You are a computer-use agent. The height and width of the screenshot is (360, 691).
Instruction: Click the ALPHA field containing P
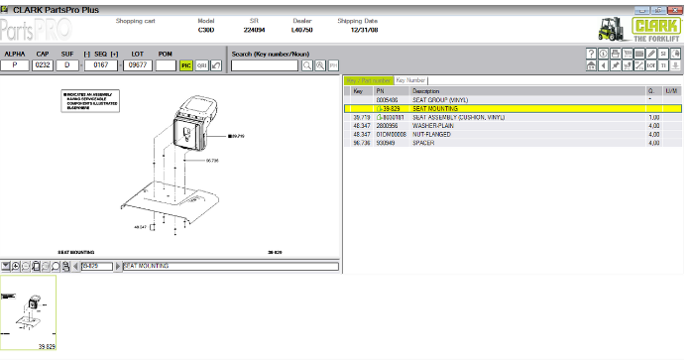pyautogui.click(x=15, y=65)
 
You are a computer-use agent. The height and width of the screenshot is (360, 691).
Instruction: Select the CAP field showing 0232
pyautogui.click(x=43, y=65)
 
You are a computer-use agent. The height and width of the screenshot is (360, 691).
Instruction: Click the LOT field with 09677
pyautogui.click(x=136, y=65)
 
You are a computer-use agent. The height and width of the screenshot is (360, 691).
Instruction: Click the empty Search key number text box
pyautogui.click(x=264, y=65)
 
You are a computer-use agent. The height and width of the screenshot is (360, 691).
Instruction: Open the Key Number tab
pyautogui.click(x=410, y=79)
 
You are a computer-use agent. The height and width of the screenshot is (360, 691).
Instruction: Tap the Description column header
pyautogui.click(x=426, y=90)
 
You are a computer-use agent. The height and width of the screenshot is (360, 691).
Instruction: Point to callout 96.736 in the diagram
pyautogui.click(x=211, y=160)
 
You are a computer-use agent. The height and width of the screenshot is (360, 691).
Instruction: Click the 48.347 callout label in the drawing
pyautogui.click(x=139, y=226)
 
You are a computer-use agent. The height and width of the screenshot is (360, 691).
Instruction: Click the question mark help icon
pyautogui.click(x=591, y=54)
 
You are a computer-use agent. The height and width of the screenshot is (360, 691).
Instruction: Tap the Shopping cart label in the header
pyautogui.click(x=135, y=20)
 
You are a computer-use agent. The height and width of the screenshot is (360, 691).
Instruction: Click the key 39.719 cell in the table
pyautogui.click(x=359, y=117)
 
